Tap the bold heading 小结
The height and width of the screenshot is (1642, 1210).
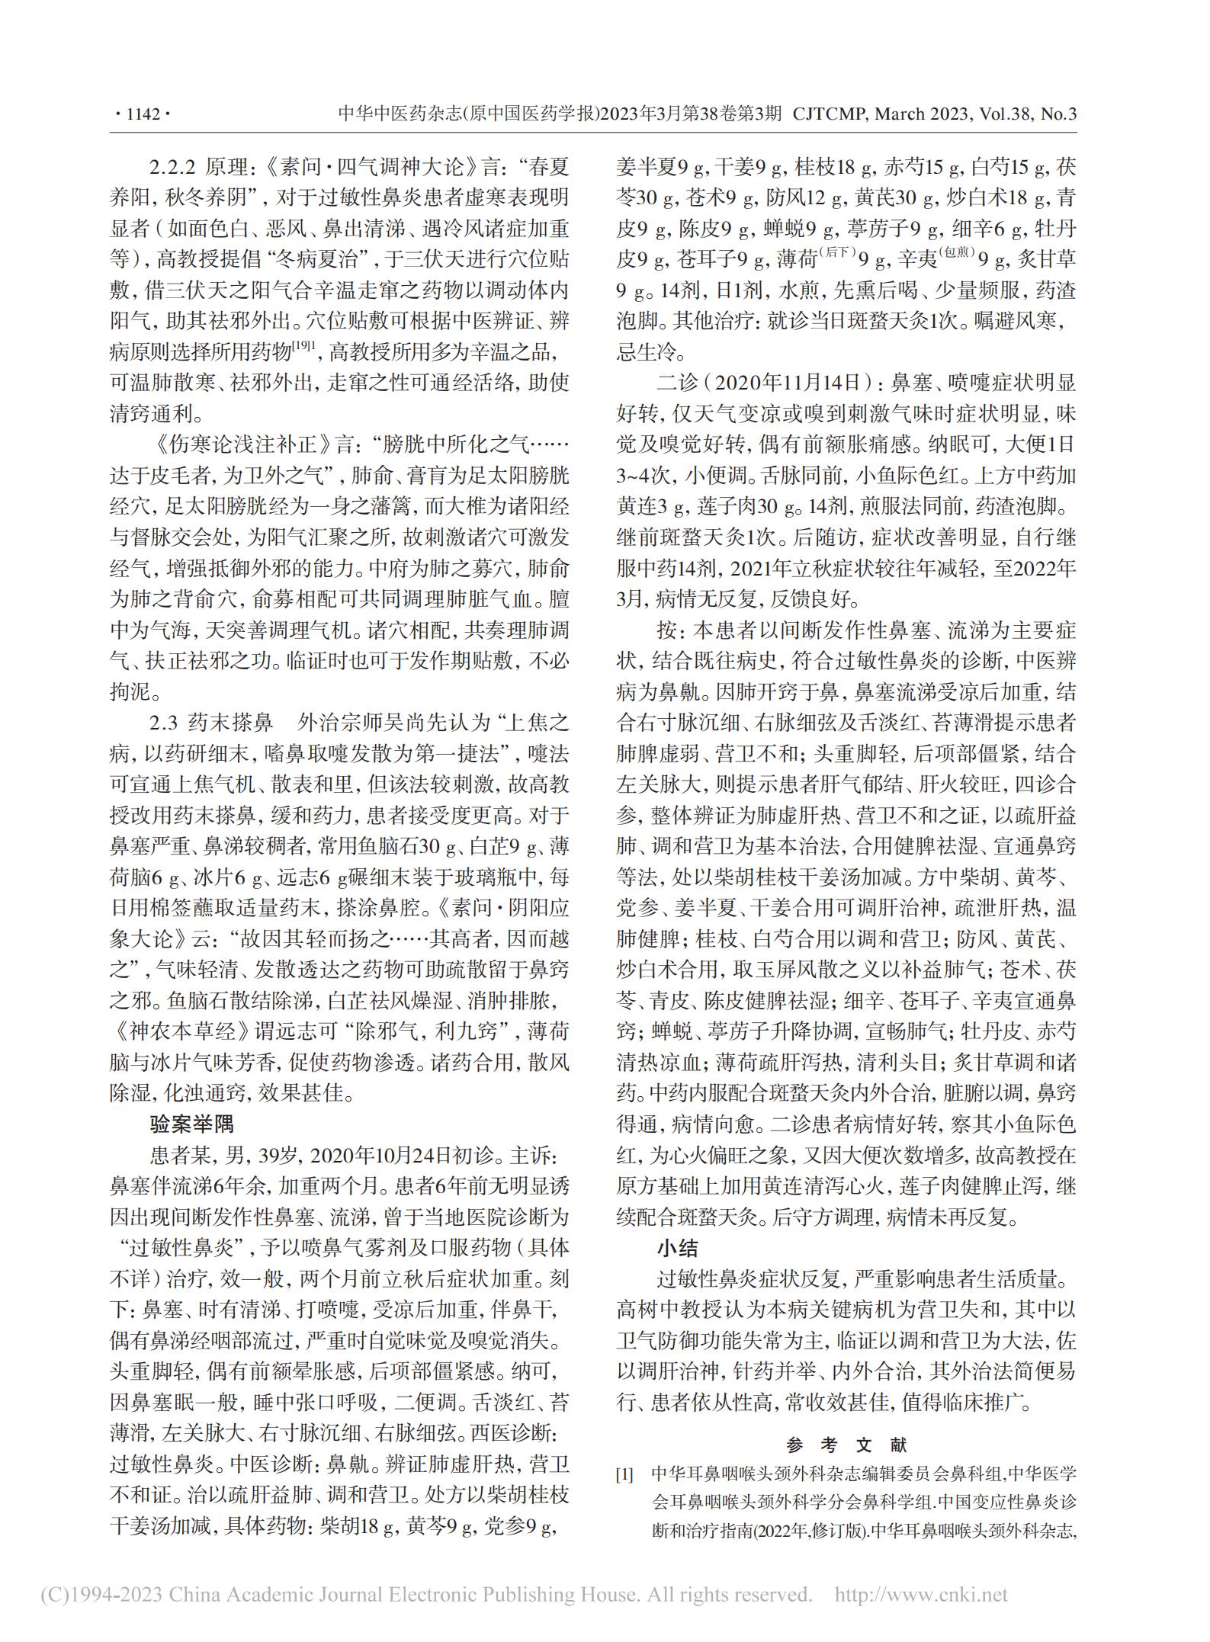pos(678,1248)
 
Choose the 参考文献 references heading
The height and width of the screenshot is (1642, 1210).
pos(846,1445)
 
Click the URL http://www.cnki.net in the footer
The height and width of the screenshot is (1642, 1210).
pos(922,1594)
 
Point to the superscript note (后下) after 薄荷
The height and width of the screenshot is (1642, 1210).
pos(838,254)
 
